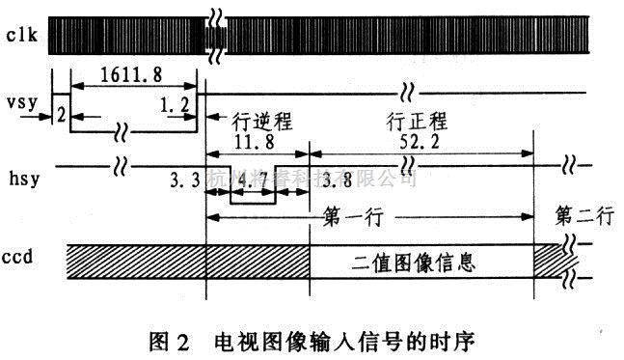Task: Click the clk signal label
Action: coord(20,37)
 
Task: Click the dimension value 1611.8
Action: coord(126,70)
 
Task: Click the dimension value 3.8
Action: coord(331,179)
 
